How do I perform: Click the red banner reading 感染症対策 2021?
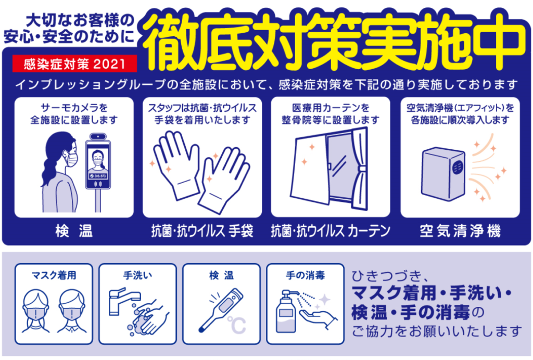74,63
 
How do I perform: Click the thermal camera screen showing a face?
98,164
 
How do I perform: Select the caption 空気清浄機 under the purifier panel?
460,231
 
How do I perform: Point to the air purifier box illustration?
443,174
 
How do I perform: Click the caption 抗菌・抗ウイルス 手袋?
202,231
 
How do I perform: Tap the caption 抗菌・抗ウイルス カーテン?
331,231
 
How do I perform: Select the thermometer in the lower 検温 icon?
220,310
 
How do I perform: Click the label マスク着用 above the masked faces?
54,275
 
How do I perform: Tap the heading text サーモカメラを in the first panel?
74,108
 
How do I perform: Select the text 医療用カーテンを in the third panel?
331,108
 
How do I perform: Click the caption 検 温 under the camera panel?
74,231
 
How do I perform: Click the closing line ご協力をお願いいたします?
437,331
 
